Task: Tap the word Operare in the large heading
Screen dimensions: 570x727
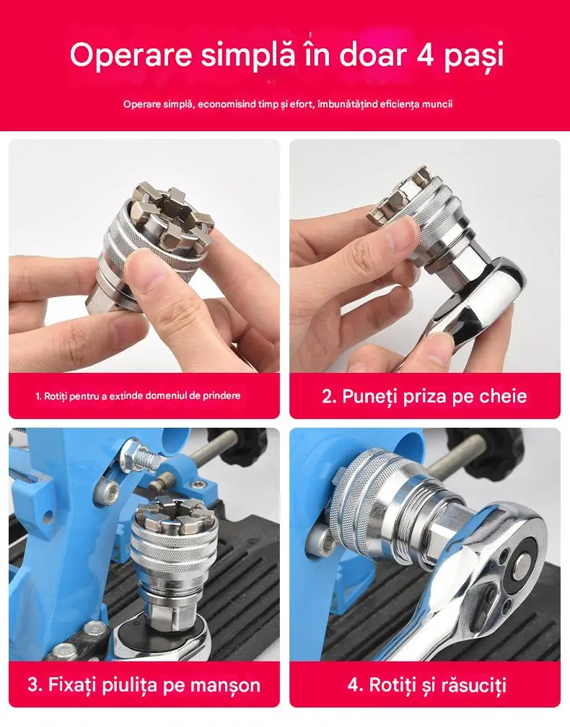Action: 131,55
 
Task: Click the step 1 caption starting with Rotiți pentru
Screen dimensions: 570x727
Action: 138,396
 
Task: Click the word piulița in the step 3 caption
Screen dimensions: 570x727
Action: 125,684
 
